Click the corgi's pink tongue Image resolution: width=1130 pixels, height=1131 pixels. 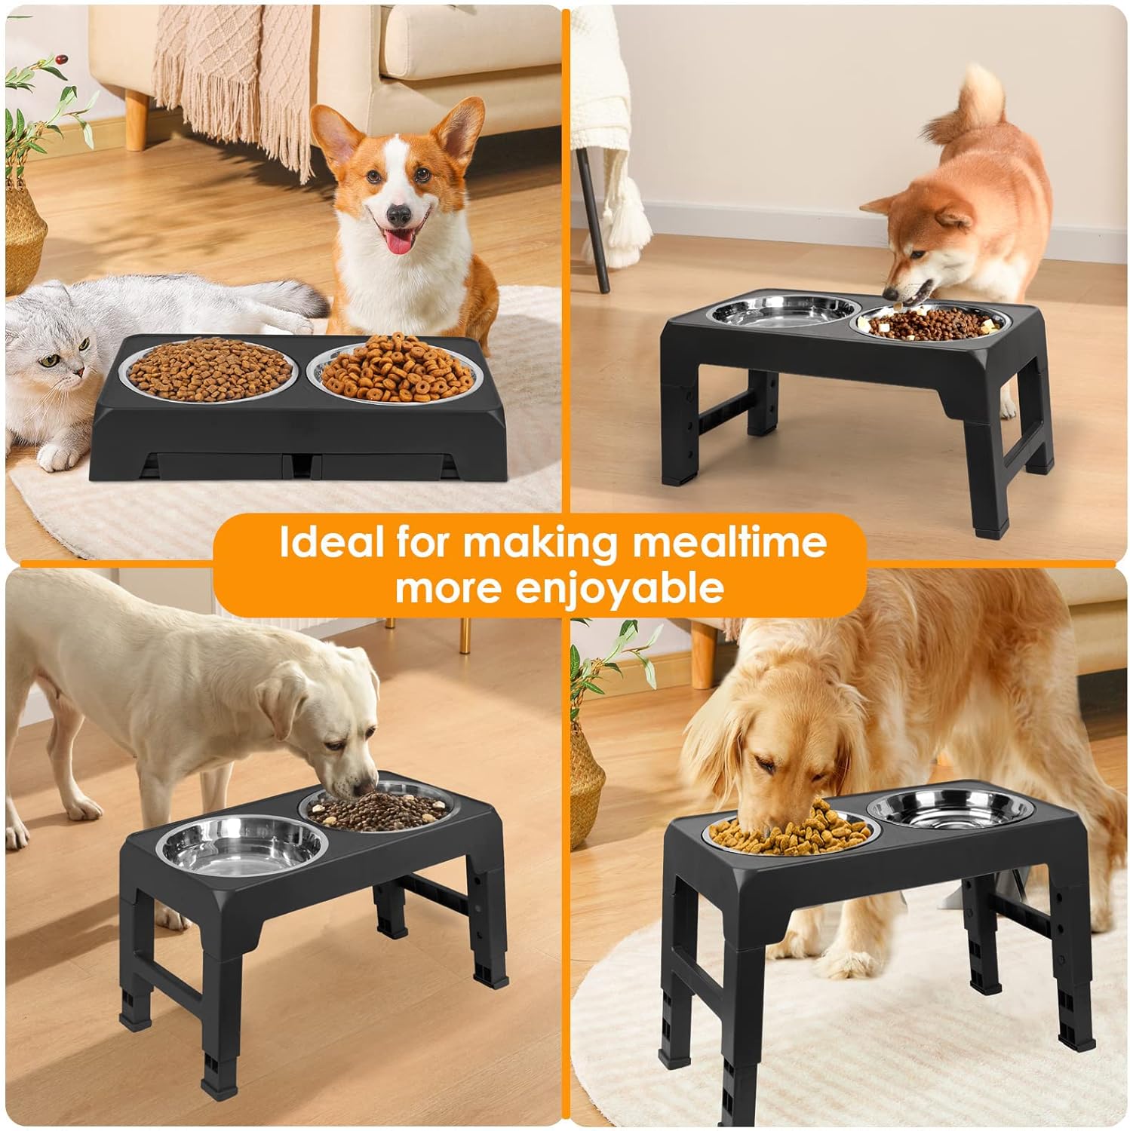[x=396, y=241]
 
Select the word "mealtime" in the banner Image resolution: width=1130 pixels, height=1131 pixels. [x=728, y=542]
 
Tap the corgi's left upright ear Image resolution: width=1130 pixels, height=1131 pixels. [x=338, y=139]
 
